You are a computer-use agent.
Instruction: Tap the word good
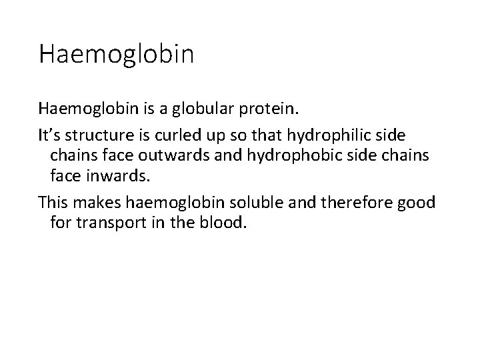[x=417, y=201]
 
